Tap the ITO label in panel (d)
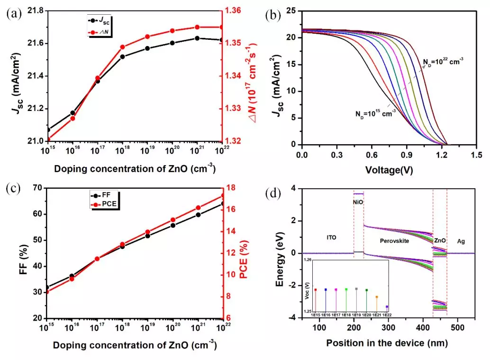click(x=331, y=237)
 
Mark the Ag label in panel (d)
click(x=461, y=241)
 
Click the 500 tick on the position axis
click(x=457, y=328)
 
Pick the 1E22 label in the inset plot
click(x=387, y=314)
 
